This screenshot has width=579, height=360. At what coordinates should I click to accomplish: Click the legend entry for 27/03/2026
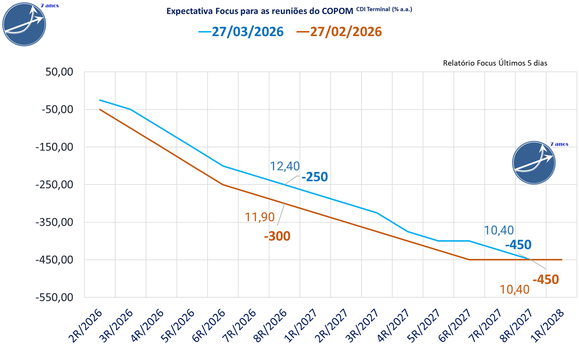pos(241,32)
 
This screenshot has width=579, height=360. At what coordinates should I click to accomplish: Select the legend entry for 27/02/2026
pos(339,32)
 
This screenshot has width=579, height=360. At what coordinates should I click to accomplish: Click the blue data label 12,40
pos(284,166)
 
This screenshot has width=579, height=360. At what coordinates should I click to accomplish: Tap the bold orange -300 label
pos(277,236)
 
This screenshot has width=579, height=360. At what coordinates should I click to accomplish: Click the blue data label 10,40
pos(499,230)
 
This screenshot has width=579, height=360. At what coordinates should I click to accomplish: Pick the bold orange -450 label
pos(545,279)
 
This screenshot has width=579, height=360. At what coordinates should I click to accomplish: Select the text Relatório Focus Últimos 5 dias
pos(495,63)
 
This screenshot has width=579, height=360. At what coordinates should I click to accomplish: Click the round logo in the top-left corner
pos(24,24)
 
